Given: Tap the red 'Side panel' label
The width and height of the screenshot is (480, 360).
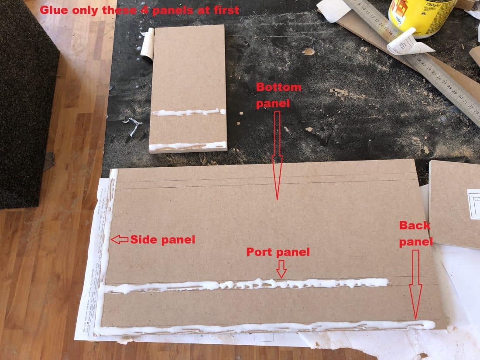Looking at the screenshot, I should point(162,239).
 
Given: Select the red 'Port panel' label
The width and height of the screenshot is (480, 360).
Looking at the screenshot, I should point(278,252).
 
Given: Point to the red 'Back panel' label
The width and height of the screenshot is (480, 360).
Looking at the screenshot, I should point(415,233).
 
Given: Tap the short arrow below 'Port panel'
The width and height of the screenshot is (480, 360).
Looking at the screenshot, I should point(281,268).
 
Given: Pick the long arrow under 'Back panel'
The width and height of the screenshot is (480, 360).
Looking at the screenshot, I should point(415,284).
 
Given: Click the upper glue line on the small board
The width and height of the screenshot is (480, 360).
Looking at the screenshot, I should point(188,113).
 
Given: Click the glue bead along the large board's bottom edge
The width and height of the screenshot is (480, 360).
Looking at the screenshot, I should point(262,327).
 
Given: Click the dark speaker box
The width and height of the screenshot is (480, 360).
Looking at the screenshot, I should point(26,100).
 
